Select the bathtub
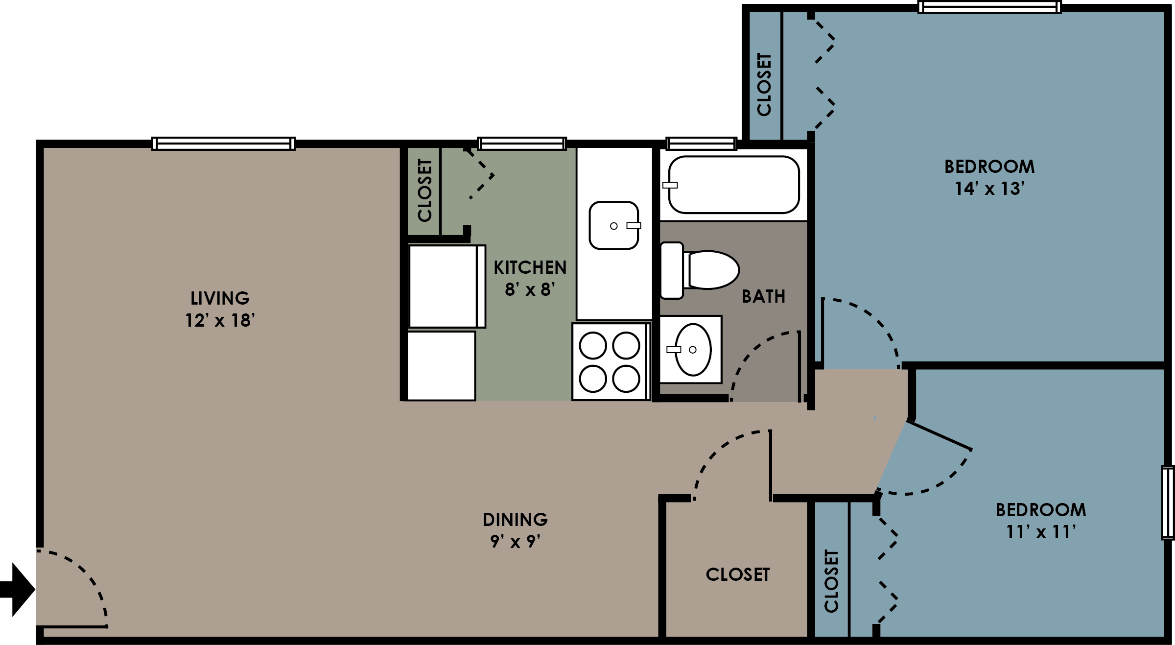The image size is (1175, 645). [733, 185]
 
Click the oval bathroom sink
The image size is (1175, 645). [692, 349]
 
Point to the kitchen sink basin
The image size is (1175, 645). [613, 225]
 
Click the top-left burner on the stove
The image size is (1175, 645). [593, 345]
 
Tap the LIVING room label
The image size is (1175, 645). [220, 298]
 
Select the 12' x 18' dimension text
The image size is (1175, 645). [220, 320]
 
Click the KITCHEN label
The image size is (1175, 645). [530, 267]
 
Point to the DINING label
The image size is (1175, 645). [515, 519]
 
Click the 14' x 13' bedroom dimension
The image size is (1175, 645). [989, 189]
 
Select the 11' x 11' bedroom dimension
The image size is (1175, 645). [1041, 532]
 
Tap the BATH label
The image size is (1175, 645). [763, 296]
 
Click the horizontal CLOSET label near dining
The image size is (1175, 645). [737, 574]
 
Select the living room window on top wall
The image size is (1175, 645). [223, 143]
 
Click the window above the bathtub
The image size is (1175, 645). [701, 143]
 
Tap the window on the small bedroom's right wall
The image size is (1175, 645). [1168, 502]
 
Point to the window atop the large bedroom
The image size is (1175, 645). [989, 7]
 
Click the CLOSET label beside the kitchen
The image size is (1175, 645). [424, 190]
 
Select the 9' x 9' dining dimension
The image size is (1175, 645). [515, 542]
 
